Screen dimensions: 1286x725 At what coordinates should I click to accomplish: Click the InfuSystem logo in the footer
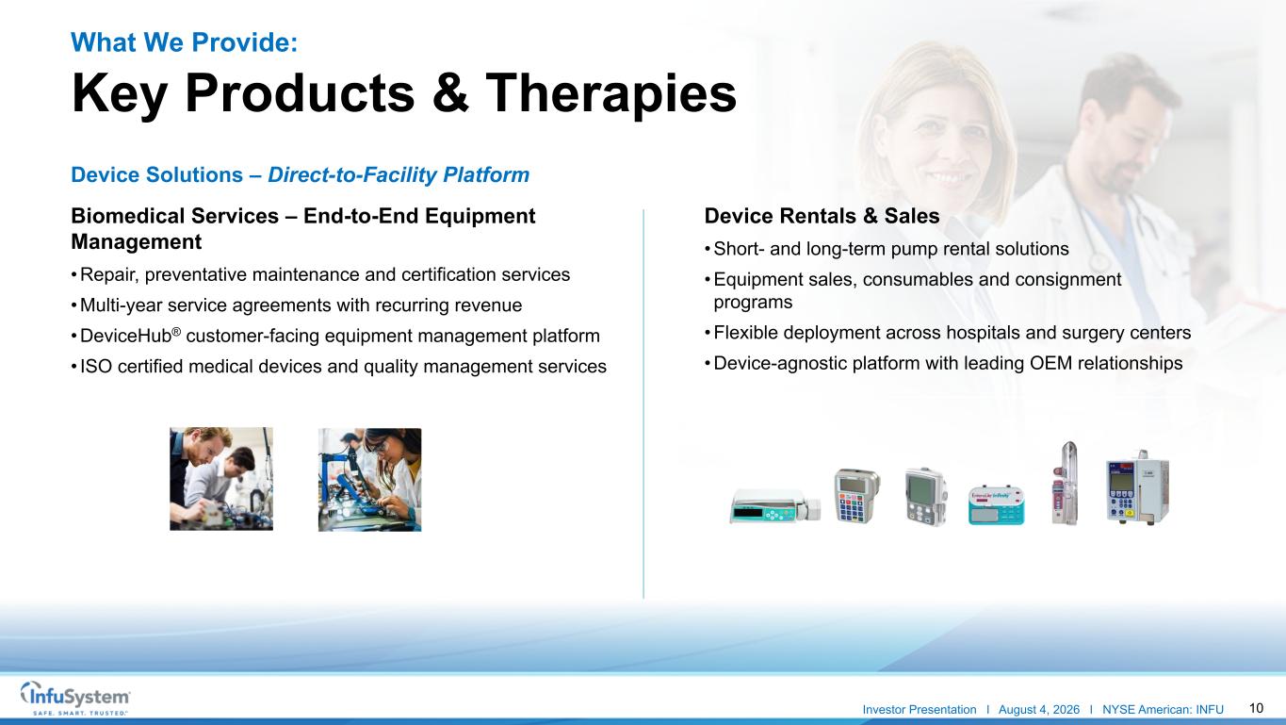tap(75, 698)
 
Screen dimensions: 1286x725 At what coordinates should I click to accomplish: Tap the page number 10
tap(1256, 708)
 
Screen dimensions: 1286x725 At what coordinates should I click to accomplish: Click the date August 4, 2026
tap(1038, 710)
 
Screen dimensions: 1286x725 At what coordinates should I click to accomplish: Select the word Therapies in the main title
tap(610, 93)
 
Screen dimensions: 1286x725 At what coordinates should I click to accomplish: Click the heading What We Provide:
tap(185, 41)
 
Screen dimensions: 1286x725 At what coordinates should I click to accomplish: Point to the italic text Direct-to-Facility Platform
tap(399, 174)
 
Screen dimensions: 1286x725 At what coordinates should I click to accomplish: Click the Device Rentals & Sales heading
tap(822, 216)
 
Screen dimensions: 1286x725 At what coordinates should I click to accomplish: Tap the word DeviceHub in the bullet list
tap(125, 336)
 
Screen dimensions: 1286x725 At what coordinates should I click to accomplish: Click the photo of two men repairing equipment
tap(221, 479)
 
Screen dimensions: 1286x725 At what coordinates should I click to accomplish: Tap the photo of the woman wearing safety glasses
tap(369, 480)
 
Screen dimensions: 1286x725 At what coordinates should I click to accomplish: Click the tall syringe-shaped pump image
tap(1066, 483)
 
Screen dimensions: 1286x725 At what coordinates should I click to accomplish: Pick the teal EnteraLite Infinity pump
tap(996, 505)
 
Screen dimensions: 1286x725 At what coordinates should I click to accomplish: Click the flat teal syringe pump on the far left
tap(775, 506)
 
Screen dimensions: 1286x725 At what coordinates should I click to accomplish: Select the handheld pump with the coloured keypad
tap(856, 495)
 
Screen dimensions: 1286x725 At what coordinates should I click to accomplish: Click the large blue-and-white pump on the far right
tap(1137, 487)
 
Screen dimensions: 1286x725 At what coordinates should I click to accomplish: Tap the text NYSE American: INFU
tap(1163, 710)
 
